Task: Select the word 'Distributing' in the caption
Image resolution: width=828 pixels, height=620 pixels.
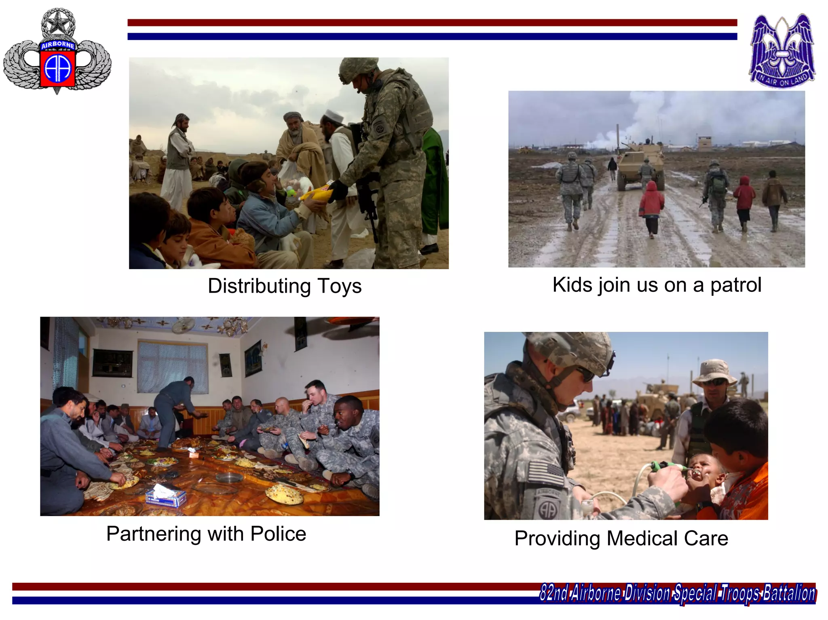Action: click(x=259, y=286)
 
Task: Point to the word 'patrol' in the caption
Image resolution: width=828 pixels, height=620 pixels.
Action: click(x=736, y=285)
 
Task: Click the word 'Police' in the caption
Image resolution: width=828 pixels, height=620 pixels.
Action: click(x=278, y=534)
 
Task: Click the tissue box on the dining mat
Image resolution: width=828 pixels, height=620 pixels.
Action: click(x=166, y=496)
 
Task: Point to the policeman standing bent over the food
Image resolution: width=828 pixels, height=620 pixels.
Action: click(x=174, y=408)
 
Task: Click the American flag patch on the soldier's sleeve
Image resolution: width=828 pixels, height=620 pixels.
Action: click(x=545, y=473)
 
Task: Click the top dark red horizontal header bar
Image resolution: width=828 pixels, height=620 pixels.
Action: click(x=432, y=23)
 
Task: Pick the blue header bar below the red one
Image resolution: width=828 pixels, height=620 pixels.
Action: click(x=432, y=36)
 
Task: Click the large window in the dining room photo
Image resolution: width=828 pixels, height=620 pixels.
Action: click(x=173, y=367)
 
